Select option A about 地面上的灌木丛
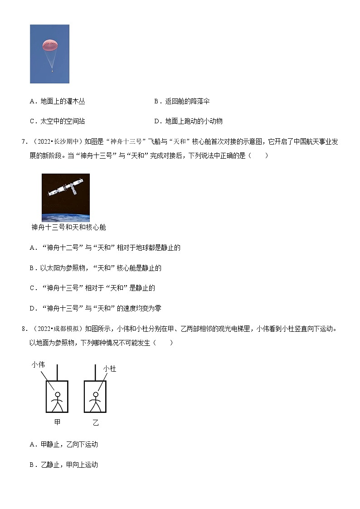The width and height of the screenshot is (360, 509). point(58,102)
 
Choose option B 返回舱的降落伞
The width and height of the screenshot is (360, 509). point(182,102)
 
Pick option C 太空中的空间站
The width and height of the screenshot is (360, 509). point(58,121)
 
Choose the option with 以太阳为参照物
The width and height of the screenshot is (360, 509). point(95,268)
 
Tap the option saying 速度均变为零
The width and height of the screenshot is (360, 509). point(95,308)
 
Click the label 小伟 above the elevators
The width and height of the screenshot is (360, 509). point(39,364)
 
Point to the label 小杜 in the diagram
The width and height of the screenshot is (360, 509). point(110,369)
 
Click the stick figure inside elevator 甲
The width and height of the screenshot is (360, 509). point(57,400)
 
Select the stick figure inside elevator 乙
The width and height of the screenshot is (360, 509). point(95,401)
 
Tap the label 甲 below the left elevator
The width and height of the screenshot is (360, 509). point(57,422)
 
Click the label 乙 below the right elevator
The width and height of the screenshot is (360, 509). point(95,423)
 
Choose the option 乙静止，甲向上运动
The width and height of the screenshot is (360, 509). point(64,465)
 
